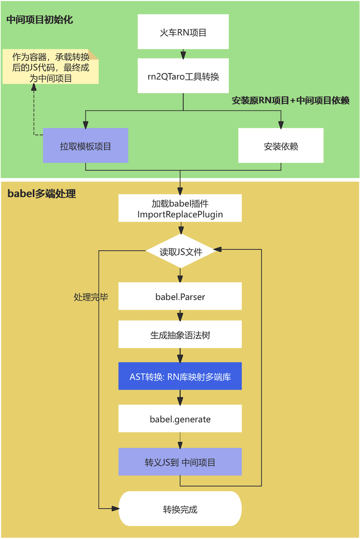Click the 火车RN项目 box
tap(183, 32)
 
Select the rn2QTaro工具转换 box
tap(183, 75)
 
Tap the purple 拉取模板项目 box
tap(86, 145)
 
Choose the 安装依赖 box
tap(281, 145)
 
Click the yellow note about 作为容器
tap(50, 67)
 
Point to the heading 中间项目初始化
tap(40, 20)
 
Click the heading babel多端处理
tap(42, 193)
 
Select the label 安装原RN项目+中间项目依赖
tap(290, 100)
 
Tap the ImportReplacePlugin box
tap(180, 208)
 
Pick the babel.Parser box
tap(180, 296)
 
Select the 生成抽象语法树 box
tap(180, 334)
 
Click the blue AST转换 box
tap(180, 376)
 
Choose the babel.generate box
tap(180, 418)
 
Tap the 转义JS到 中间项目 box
tap(180, 461)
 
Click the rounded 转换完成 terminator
tap(180, 508)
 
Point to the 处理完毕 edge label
tap(91, 297)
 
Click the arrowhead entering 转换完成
tap(115, 508)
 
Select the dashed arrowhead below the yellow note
tap(34, 87)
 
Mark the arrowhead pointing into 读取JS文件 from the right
tap(218, 249)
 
